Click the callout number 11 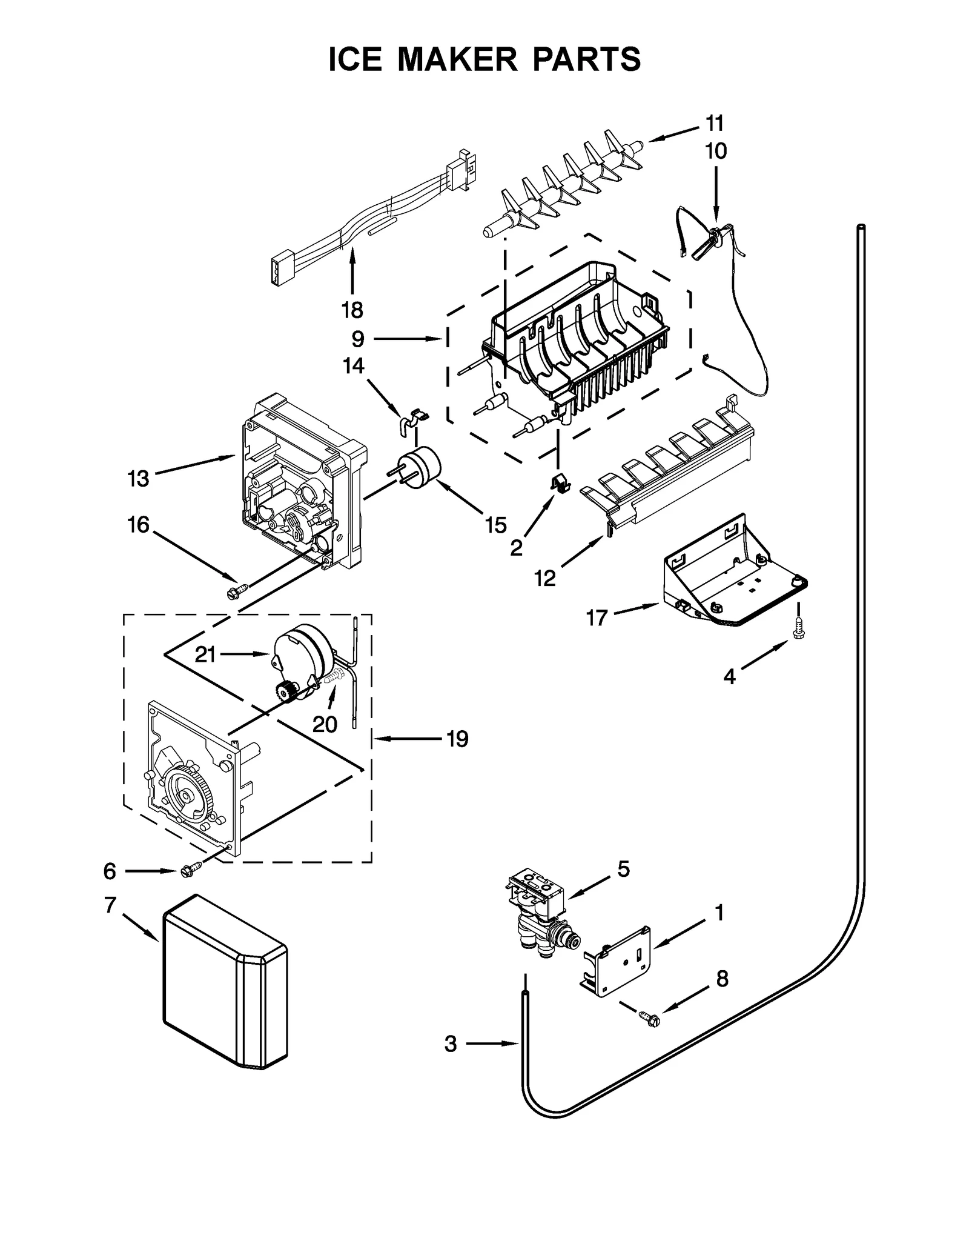(x=715, y=123)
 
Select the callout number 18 (x=352, y=310)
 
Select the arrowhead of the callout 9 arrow (x=440, y=339)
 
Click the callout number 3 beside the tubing (x=451, y=1044)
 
